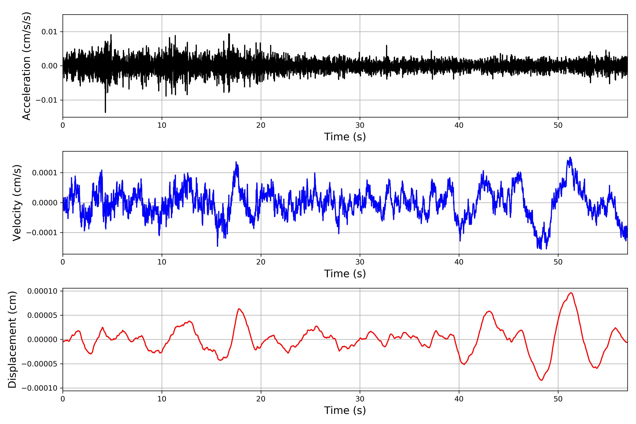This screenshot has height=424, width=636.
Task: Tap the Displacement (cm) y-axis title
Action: (12, 339)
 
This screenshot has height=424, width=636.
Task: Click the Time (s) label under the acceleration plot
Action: (345, 137)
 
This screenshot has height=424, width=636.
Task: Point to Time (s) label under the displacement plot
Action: (345, 410)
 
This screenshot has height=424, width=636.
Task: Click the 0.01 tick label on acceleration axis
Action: (49, 32)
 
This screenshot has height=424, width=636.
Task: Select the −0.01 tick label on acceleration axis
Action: (46, 100)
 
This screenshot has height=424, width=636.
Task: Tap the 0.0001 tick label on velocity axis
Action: (45, 173)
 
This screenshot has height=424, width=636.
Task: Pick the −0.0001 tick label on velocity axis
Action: (42, 233)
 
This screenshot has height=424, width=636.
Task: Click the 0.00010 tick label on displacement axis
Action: (42, 291)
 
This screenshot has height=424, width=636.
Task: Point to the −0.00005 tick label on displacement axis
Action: (39, 364)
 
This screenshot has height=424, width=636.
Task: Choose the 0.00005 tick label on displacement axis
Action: (42, 315)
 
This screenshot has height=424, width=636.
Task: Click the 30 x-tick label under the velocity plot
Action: (360, 262)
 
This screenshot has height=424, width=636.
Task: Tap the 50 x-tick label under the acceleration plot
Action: (558, 125)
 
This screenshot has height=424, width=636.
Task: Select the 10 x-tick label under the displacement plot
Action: (162, 399)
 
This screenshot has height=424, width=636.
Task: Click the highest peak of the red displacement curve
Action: (571, 293)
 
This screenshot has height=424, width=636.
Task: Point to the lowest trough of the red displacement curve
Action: (541, 380)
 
